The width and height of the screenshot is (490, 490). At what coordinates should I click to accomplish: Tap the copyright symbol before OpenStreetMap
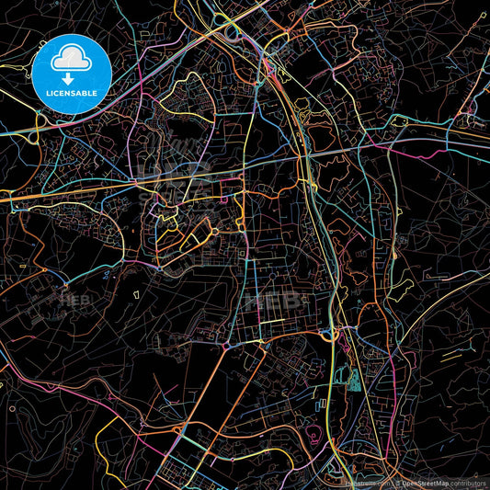pyautogui.click(x=396, y=482)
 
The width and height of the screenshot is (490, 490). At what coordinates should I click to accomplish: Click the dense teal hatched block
pyautogui.click(x=353, y=377)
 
